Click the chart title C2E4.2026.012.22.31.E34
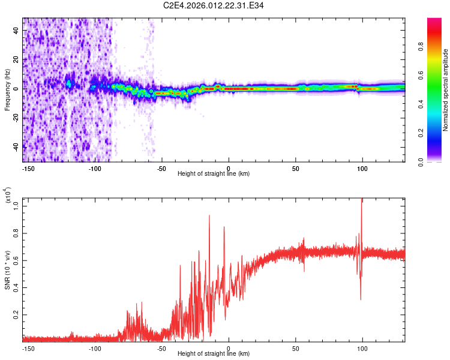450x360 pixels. (214, 5)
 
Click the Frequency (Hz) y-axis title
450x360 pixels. (8, 90)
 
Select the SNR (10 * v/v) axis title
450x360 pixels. (8, 270)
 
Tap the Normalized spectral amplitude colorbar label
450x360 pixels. (446, 90)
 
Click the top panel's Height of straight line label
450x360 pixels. (214, 173)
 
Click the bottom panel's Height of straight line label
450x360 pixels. (214, 353)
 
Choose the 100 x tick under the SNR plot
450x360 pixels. (362, 347)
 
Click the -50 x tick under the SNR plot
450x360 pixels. (161, 347)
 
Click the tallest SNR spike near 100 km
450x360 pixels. (361, 200)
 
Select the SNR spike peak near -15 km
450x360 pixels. (209, 215)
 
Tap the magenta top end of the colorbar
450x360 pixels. (434, 21)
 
